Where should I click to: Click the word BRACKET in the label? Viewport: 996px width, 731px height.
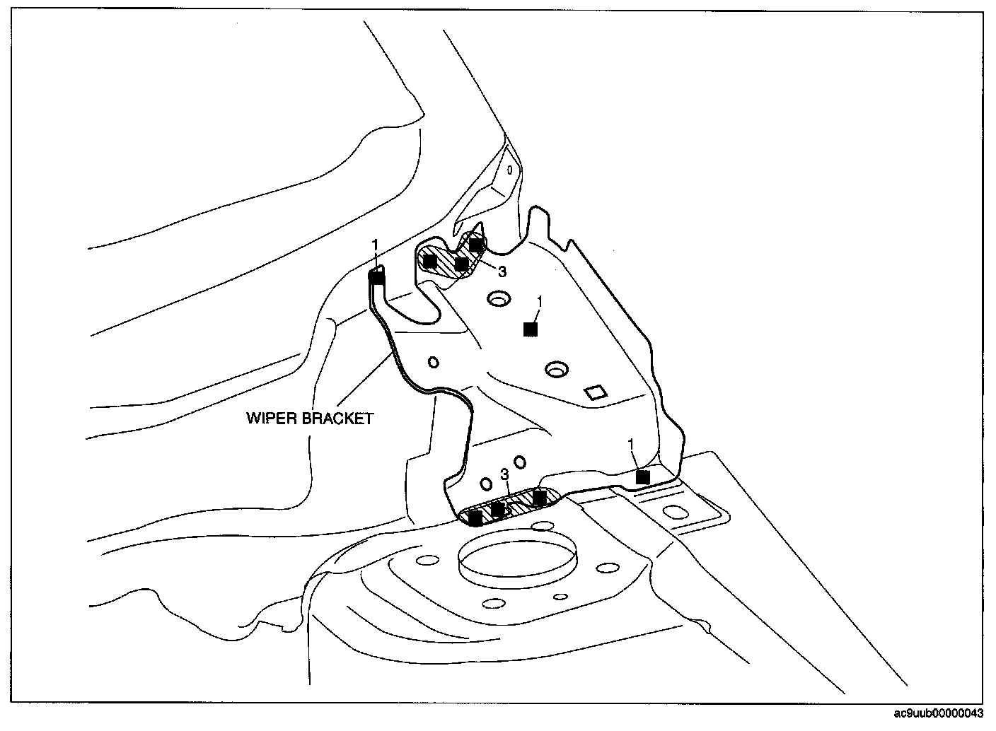pos(337,419)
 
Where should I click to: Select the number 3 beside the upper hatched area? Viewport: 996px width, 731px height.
pos(502,271)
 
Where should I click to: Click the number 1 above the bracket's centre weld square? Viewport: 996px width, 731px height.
pos(539,301)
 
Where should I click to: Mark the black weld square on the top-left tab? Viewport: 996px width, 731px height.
pos(377,278)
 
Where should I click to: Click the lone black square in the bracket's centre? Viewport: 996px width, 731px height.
pos(530,329)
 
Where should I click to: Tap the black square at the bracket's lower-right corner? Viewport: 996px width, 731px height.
pos(642,477)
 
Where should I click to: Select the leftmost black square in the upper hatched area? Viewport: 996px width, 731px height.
pos(429,260)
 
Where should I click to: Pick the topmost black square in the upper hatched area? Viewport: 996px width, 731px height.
pos(476,245)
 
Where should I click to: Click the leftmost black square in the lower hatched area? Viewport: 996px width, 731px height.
pos(475,518)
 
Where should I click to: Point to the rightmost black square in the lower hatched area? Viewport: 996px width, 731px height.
pos(539,498)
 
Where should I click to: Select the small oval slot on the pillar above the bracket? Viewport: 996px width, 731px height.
pos(509,170)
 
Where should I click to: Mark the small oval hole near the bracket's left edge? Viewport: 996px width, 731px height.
pos(433,362)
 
